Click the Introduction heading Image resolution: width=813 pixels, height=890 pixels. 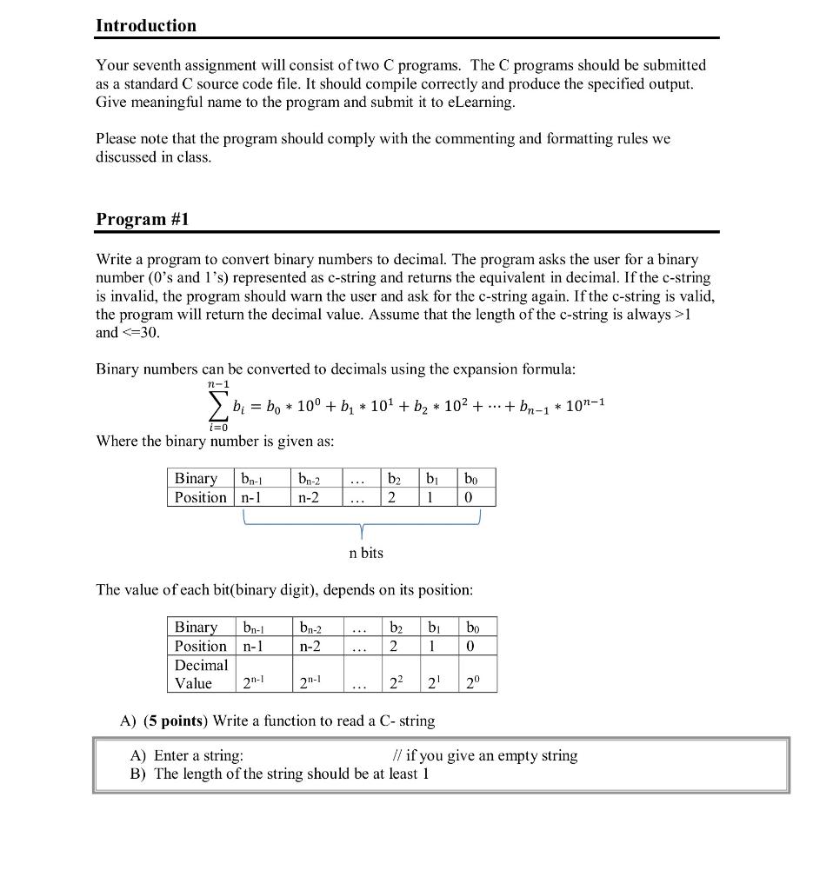146,26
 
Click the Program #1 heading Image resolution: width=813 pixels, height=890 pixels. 142,219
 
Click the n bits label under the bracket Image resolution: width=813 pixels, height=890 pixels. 365,553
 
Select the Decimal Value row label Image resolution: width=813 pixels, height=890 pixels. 201,674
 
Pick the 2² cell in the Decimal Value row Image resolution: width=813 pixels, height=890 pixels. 396,683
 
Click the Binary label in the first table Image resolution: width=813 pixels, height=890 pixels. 197,479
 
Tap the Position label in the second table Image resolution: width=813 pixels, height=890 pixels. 201,647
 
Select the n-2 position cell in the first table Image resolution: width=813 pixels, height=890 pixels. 309,498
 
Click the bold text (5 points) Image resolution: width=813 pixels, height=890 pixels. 177,721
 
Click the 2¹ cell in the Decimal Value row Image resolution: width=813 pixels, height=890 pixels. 434,683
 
